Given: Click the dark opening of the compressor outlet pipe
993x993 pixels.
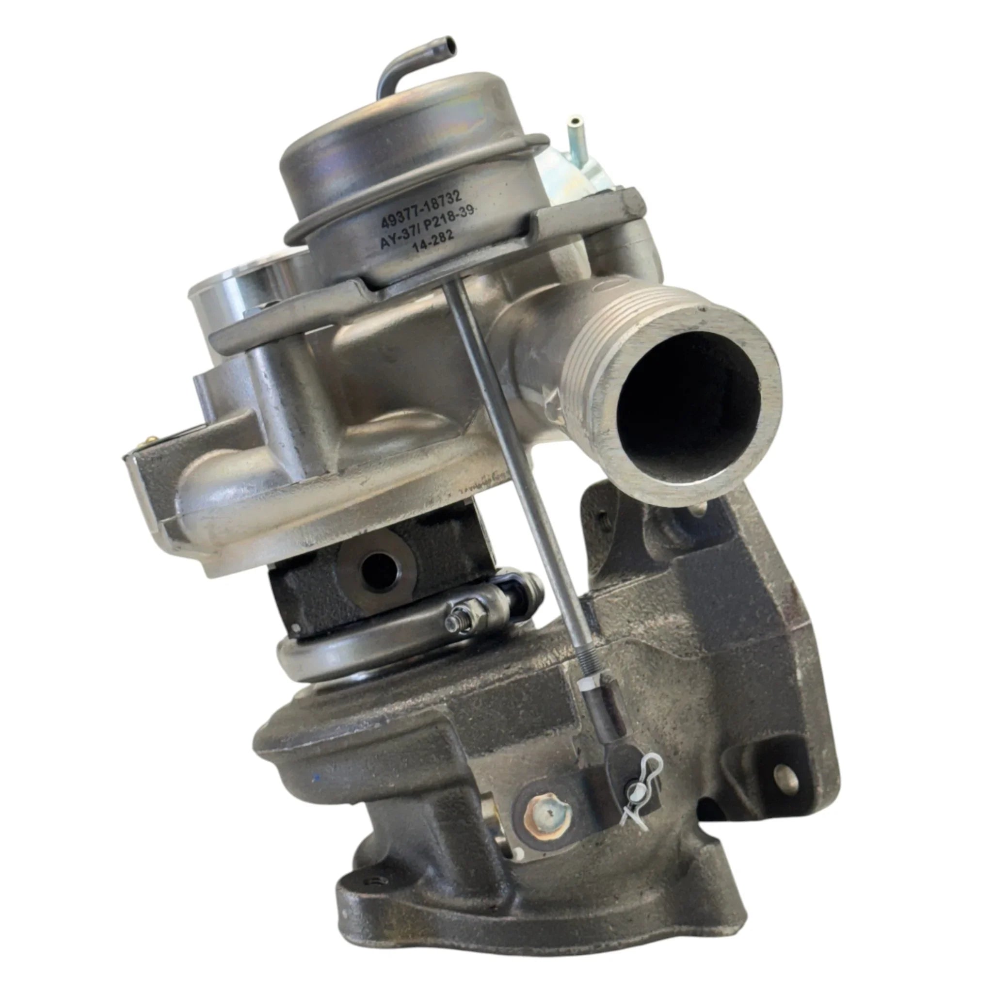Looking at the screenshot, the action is coord(689,399).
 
